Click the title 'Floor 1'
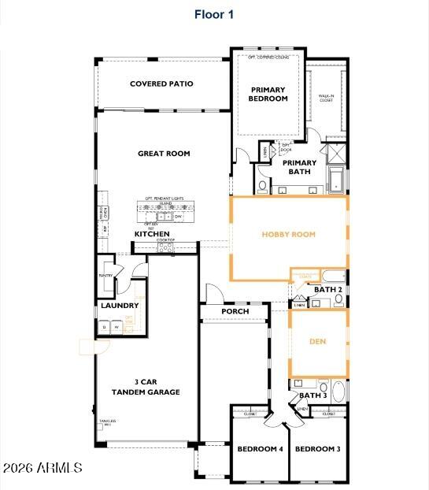[214, 14]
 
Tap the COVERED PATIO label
[161, 84]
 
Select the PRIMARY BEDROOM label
[268, 95]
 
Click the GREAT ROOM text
[164, 154]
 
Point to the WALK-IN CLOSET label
[326, 98]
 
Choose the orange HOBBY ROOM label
[288, 234]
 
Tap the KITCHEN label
[152, 234]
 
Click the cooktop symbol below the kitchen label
[165, 247]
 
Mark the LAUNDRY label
[120, 306]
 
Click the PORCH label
[235, 311]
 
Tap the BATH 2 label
[327, 290]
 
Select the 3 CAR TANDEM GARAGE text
[146, 387]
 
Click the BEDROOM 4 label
[260, 449]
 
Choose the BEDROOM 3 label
[317, 449]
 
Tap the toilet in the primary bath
[262, 186]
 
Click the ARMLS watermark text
[43, 468]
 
